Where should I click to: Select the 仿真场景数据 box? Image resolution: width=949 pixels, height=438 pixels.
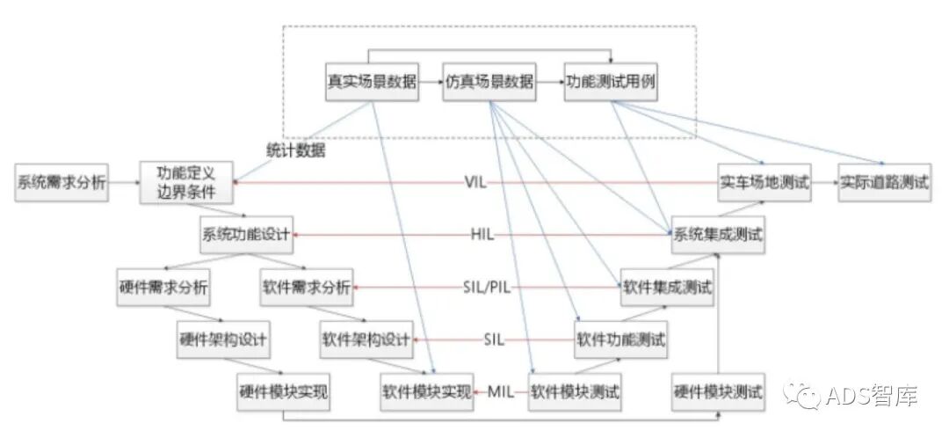pyautogui.click(x=489, y=82)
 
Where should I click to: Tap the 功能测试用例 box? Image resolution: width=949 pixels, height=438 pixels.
pyautogui.click(x=610, y=82)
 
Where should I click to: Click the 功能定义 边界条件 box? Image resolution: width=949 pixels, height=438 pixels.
pyautogui.click(x=185, y=182)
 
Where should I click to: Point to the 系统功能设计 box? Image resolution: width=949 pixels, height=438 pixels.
pyautogui.click(x=247, y=234)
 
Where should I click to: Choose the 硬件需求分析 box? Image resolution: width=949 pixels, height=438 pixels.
pyautogui.click(x=163, y=288)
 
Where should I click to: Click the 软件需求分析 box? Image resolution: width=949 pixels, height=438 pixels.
pyautogui.click(x=307, y=288)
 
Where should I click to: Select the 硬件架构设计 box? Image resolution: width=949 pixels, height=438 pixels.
pyautogui.click(x=222, y=339)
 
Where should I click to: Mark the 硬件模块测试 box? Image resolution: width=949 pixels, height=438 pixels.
pyautogui.click(x=717, y=391)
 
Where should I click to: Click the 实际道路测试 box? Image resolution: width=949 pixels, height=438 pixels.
pyautogui.click(x=884, y=183)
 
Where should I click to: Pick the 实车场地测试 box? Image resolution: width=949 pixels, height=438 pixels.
pyautogui.click(x=764, y=183)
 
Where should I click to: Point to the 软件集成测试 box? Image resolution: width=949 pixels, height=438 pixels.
pyautogui.click(x=667, y=288)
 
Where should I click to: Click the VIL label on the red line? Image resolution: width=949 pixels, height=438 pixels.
pyautogui.click(x=475, y=183)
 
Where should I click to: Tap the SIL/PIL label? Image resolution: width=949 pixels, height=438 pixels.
pyautogui.click(x=487, y=288)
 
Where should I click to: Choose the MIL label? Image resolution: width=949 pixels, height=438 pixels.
pyautogui.click(x=501, y=391)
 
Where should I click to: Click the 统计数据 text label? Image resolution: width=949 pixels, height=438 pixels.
pyautogui.click(x=296, y=150)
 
